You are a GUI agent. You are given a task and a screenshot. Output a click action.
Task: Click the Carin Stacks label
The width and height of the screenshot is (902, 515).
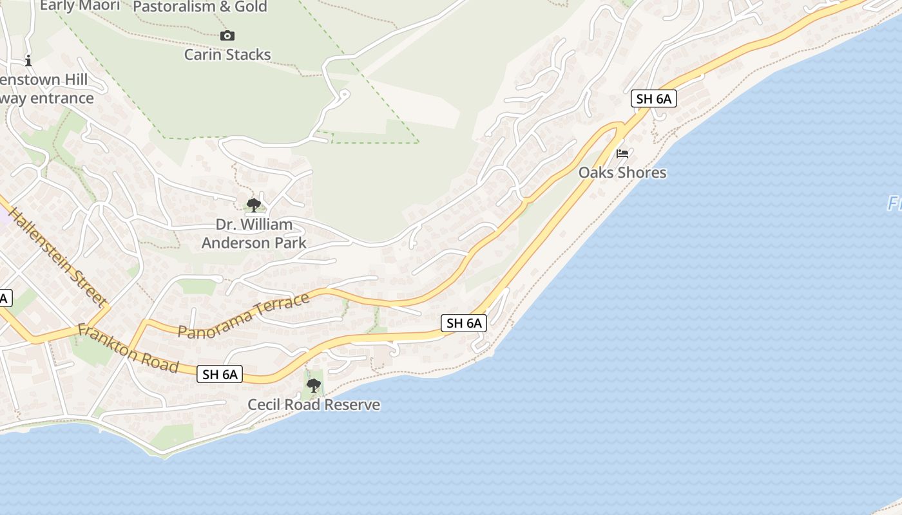pos(227,55)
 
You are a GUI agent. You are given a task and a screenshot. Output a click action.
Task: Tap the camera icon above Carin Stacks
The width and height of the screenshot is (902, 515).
pos(227,36)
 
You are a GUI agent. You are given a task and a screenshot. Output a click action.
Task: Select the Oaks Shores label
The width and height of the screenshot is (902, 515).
pos(622,173)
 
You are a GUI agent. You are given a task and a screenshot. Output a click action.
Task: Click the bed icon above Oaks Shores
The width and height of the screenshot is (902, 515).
pos(622,154)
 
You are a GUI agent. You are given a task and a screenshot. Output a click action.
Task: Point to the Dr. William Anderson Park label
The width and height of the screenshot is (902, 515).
pos(254,234)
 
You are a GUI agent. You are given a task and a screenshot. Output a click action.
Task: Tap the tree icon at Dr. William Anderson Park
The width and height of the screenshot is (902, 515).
pos(254,205)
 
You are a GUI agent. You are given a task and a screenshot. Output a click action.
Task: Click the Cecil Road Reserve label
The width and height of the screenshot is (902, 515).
pos(314,405)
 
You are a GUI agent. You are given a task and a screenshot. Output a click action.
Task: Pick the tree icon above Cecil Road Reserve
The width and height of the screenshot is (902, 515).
pos(314,386)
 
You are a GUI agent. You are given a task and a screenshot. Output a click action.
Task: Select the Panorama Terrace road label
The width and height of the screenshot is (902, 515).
pos(244,316)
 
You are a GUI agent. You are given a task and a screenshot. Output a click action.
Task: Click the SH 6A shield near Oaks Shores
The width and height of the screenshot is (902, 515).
pos(654,98)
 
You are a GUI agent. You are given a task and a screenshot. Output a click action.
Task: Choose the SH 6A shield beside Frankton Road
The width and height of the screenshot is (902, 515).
pos(220,374)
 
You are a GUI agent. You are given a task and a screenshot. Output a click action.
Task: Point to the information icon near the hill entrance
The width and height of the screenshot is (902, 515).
pos(28,62)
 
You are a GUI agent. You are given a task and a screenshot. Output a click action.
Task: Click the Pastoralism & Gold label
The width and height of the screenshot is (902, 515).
pos(200,7)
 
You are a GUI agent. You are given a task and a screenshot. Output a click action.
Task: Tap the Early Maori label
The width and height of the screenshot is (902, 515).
pos(80,6)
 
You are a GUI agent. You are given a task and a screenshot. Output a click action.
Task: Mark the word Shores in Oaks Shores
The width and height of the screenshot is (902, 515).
pos(642,173)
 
